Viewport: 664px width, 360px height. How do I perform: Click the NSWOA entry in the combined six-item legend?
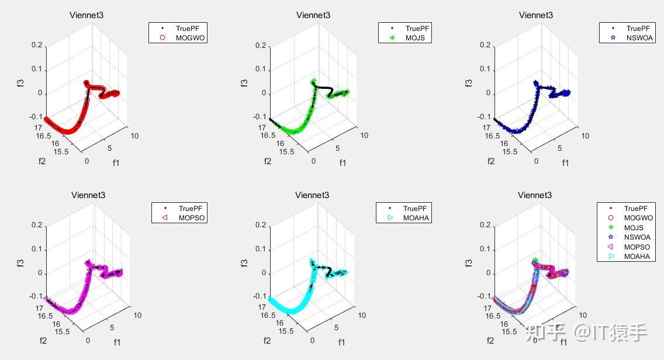pyautogui.click(x=637, y=237)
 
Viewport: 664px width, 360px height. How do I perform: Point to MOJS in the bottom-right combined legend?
pyautogui.click(x=634, y=228)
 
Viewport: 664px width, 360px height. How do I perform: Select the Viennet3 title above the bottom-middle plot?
pyautogui.click(x=312, y=195)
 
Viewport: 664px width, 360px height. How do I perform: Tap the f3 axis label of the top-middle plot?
pyautogui.click(x=245, y=82)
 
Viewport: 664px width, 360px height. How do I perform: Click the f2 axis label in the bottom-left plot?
pyautogui.click(x=43, y=341)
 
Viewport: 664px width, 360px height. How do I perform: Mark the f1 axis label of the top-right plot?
pyautogui.click(x=565, y=163)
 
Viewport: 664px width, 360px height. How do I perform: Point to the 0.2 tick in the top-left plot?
pyautogui.click(x=37, y=45)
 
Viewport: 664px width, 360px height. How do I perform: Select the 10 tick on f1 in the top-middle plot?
pyautogui.click(x=364, y=136)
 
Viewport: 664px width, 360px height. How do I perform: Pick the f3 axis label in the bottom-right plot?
pyautogui.click(x=469, y=262)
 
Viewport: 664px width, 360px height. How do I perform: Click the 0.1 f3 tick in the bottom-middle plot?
pyautogui.click(x=261, y=249)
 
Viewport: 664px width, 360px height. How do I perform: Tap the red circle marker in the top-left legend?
pyautogui.click(x=163, y=38)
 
